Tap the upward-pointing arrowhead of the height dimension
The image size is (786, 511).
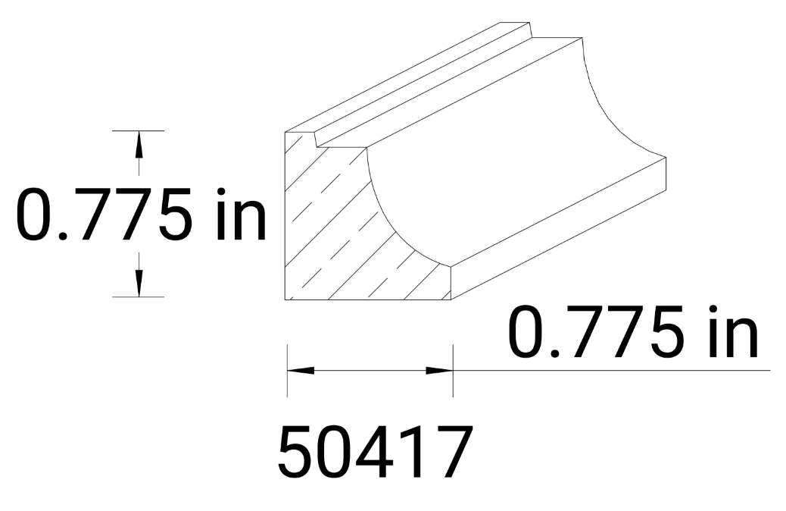click(138, 144)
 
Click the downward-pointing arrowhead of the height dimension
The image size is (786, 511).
click(138, 284)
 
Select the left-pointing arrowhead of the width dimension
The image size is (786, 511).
click(300, 370)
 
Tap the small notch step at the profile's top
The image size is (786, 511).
click(316, 137)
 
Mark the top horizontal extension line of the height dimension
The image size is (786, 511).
click(138, 130)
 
